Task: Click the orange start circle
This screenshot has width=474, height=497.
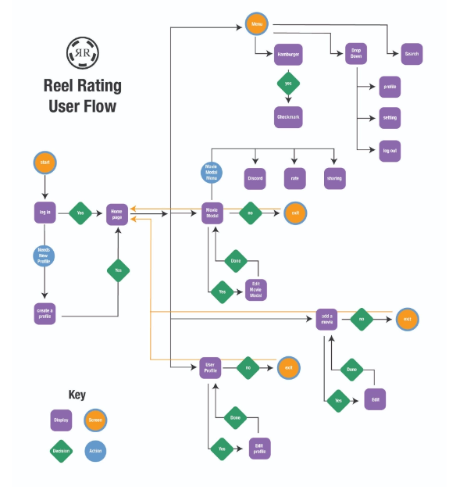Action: [45, 163]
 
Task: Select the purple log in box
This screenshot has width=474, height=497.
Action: [45, 213]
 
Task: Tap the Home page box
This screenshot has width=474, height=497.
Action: [117, 213]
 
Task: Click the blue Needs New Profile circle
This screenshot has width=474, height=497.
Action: [45, 256]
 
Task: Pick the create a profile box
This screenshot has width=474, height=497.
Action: [45, 313]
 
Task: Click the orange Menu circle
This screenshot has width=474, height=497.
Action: [256, 25]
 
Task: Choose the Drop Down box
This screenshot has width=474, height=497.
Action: [355, 54]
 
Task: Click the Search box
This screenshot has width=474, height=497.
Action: [411, 54]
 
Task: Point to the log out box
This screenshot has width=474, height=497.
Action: [390, 151]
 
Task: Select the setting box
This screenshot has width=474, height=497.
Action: [390, 118]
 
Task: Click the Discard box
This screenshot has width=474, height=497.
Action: [255, 178]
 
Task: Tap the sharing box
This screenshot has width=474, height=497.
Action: [334, 178]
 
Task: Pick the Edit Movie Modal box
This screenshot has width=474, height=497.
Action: [256, 290]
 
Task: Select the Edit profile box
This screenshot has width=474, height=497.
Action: [259, 448]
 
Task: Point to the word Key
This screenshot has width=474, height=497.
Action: [77, 395]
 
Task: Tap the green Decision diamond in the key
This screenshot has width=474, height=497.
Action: [61, 451]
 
